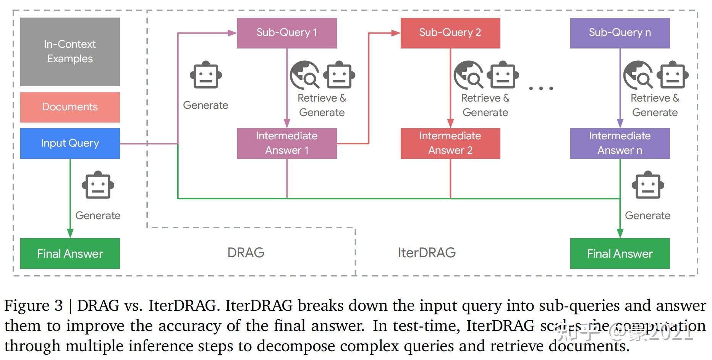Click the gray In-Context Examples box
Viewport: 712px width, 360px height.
[x=70, y=52]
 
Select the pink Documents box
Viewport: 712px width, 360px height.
[x=70, y=107]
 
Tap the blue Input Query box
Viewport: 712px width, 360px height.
[x=70, y=143]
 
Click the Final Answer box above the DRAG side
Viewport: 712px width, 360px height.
[x=70, y=253]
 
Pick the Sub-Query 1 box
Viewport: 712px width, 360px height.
[x=287, y=33]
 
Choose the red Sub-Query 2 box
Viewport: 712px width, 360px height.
[x=450, y=33]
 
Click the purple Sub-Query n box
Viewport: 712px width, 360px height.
[x=620, y=33]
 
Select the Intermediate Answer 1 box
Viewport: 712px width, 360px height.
[x=287, y=143]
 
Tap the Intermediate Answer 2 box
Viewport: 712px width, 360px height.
[x=450, y=143]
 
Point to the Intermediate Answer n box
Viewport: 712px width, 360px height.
[x=620, y=143]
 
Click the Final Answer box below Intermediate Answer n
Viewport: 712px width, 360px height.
[x=620, y=253]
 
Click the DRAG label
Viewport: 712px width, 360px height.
[x=246, y=253]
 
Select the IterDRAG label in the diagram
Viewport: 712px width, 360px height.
[x=427, y=253]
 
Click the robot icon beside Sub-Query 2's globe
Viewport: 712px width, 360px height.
[x=503, y=75]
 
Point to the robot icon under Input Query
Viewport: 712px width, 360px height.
[x=98, y=185]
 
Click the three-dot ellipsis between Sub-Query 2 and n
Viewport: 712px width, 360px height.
[x=540, y=88]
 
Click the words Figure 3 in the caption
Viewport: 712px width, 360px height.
[x=33, y=306]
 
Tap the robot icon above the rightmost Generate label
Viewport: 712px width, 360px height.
[x=647, y=185]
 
